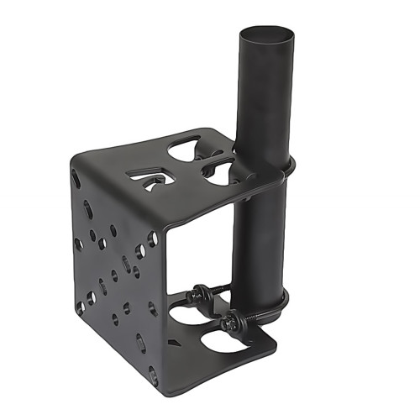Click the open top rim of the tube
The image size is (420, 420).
click(x=268, y=34)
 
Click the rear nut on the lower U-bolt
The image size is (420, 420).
click(x=201, y=293)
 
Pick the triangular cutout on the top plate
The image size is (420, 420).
click(x=148, y=177)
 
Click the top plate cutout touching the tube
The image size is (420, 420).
click(x=220, y=172)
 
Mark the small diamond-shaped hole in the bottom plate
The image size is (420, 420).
click(x=171, y=343)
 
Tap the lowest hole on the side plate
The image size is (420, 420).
click(x=153, y=374)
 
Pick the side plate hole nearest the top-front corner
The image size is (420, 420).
click(x=152, y=239)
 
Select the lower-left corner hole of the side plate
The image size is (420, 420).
click(x=81, y=307)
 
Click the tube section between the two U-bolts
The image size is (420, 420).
click(x=261, y=235)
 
